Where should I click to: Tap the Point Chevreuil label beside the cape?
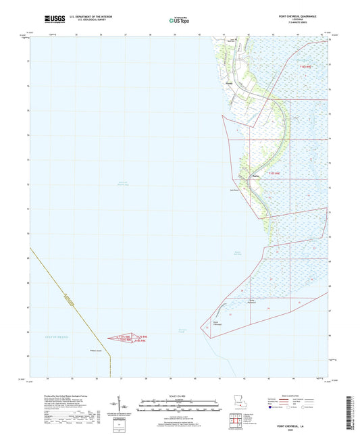pyautogui.click(x=217, y=324)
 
